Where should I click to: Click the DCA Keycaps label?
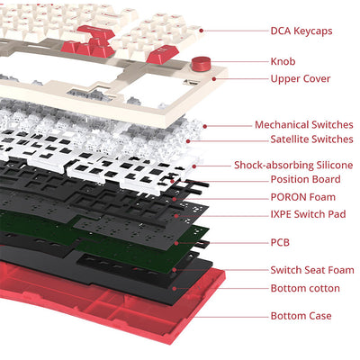point(301,31)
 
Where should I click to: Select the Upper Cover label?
point(300,78)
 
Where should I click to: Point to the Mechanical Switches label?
point(303,125)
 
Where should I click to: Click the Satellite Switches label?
point(311,139)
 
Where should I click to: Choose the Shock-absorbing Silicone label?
point(293,165)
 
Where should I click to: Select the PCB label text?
point(280,242)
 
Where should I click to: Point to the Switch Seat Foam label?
point(311,270)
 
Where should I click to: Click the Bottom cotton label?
point(305,288)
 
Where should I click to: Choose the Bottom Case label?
point(301,316)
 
